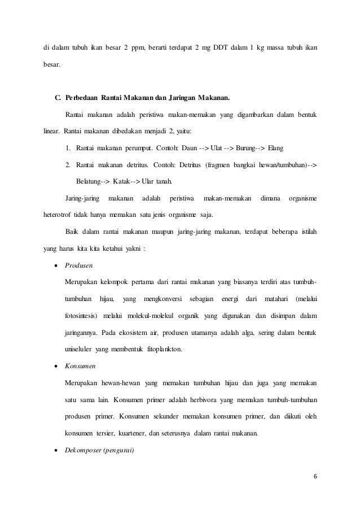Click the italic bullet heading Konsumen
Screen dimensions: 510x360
pos(80,367)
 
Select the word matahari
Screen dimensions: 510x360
pos(278,298)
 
